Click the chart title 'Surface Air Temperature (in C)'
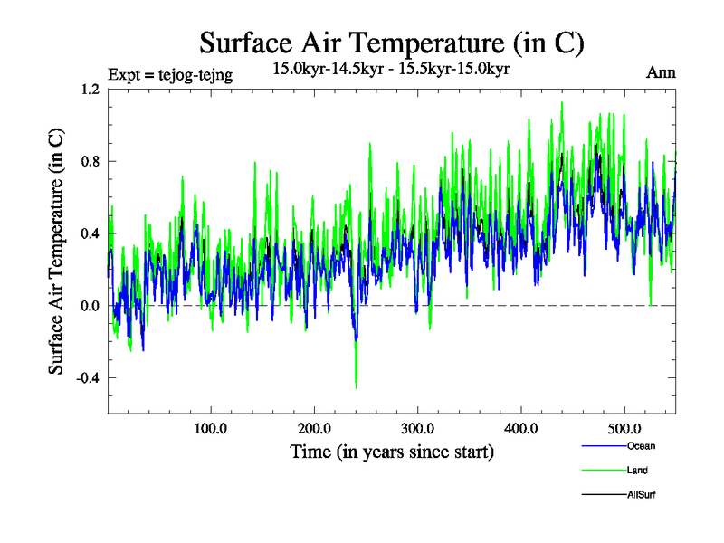(x=392, y=43)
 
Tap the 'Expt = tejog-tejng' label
(x=170, y=75)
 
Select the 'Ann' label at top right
(x=662, y=73)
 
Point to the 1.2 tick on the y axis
(x=90, y=89)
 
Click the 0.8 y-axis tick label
(x=90, y=161)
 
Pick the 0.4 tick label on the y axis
(x=90, y=233)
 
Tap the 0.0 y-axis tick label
(x=90, y=306)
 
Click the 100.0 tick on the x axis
(x=211, y=428)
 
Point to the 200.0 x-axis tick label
(x=314, y=428)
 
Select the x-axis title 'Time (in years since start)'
(x=392, y=452)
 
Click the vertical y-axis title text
(x=56, y=252)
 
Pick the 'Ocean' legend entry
(x=640, y=446)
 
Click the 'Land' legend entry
(x=637, y=471)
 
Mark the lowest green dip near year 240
(x=356, y=387)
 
